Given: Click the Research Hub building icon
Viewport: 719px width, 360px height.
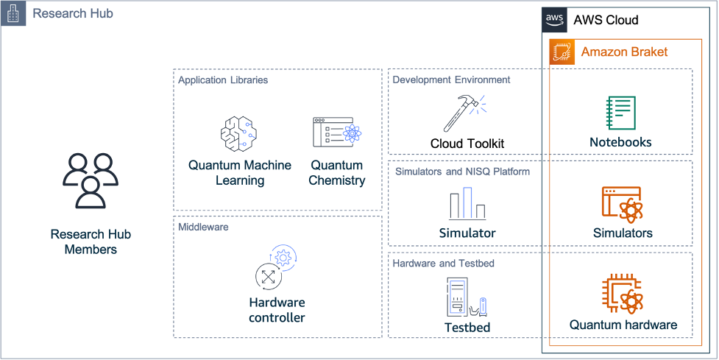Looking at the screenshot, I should pyautogui.click(x=13, y=13).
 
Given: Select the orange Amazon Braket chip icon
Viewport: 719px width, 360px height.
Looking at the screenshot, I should pyautogui.click(x=562, y=52).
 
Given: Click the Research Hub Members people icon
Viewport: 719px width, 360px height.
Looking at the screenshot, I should pyautogui.click(x=91, y=180).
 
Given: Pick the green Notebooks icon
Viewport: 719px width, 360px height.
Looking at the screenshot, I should pyautogui.click(x=620, y=113).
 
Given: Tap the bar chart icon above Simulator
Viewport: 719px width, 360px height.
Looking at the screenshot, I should pyautogui.click(x=467, y=203).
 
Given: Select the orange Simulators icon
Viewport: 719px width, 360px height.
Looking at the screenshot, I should pyautogui.click(x=622, y=204).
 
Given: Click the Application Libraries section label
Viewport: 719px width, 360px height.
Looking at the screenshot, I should pyautogui.click(x=223, y=80).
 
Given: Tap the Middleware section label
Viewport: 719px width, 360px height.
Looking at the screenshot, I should pyautogui.click(x=203, y=227).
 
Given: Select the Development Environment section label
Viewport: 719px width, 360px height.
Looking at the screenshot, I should pyautogui.click(x=451, y=80).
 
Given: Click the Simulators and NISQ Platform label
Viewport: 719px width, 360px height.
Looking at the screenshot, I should pyautogui.click(x=462, y=172).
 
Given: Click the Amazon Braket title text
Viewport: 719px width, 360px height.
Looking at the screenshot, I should pyautogui.click(x=624, y=52).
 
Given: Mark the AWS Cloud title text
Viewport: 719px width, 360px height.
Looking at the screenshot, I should pyautogui.click(x=606, y=20).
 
